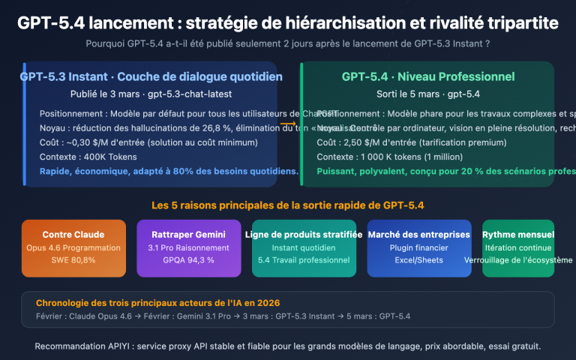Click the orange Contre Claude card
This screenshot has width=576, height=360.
coord(73,248)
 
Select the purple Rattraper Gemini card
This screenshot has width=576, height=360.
coord(189,248)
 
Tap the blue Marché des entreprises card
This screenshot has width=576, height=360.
coord(419,248)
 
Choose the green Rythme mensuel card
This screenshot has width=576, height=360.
coord(518,248)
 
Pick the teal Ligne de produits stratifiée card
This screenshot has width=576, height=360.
coord(304,248)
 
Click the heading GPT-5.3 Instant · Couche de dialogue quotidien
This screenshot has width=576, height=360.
coord(151,76)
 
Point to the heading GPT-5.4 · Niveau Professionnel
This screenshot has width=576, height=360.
coord(428,76)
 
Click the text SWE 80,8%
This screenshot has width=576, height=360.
coord(73,260)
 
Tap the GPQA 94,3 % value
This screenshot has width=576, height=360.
coord(189,260)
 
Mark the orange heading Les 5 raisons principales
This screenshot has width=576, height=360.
coord(288,205)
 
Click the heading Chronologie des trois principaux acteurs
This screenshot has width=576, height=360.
coord(157,302)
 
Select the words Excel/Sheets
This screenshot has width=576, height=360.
coord(419,260)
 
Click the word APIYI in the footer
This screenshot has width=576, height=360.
coord(126,346)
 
